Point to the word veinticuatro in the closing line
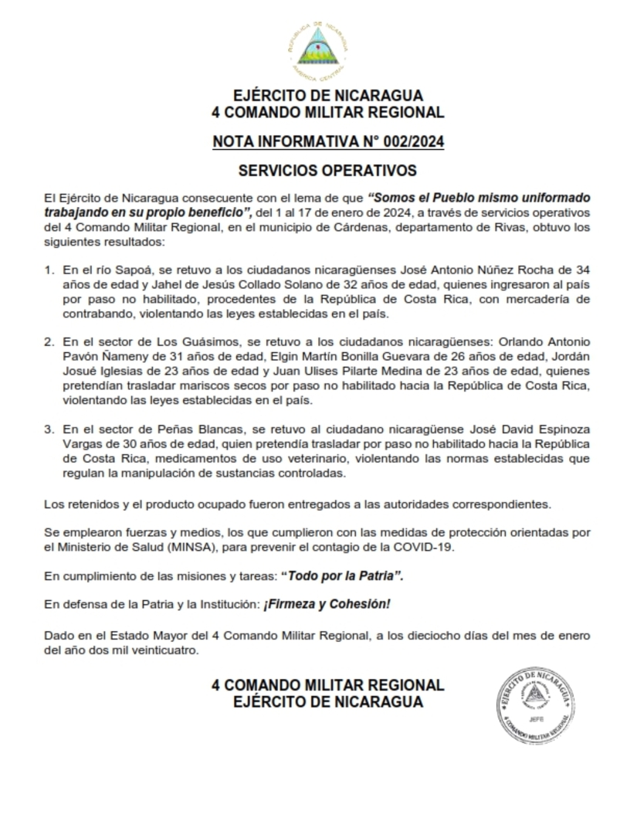[x=147, y=650]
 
